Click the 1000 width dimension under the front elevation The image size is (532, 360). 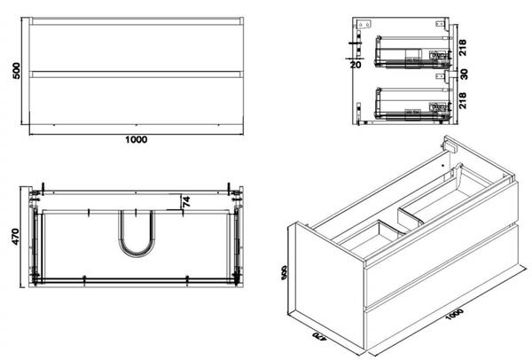point(136,139)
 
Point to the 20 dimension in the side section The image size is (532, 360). point(356,64)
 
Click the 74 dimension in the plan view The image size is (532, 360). point(186,202)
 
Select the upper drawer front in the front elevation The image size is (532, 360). point(136,46)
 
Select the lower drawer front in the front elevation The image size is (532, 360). point(136,100)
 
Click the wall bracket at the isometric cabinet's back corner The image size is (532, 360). point(448,145)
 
